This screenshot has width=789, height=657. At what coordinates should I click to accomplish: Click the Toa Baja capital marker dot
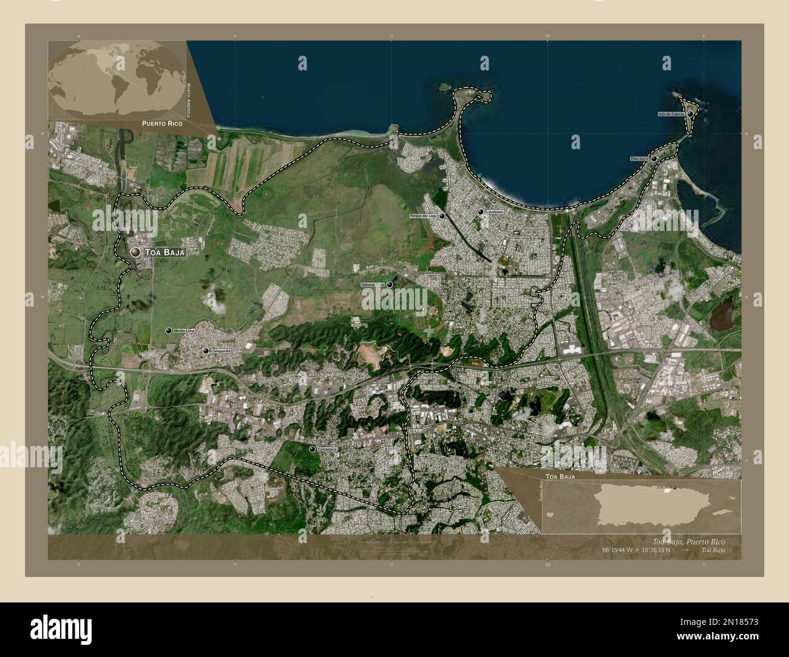(x=135, y=252)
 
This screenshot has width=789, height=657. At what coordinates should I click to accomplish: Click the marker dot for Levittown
(x=481, y=212)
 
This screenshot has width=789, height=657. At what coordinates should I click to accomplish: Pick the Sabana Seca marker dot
(x=390, y=284)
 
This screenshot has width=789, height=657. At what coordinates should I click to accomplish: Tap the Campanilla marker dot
(x=206, y=351)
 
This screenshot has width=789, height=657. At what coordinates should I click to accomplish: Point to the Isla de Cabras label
(x=671, y=114)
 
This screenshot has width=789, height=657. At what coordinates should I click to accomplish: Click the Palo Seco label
(x=640, y=159)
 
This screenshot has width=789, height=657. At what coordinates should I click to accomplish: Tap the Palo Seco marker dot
(x=654, y=159)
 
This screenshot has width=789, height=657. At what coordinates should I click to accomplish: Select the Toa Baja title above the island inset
(x=560, y=478)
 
